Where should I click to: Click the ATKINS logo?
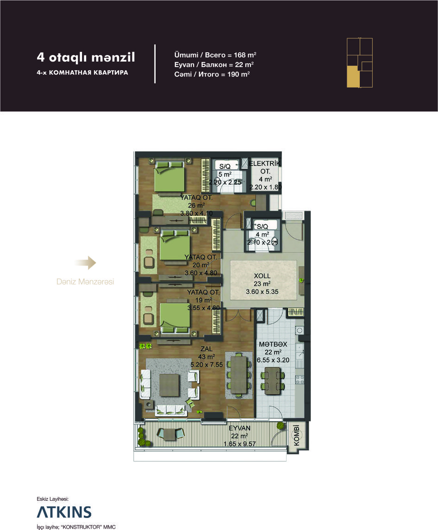point(64,512)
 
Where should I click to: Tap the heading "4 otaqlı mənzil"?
point(86,57)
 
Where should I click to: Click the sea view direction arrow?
point(86,262)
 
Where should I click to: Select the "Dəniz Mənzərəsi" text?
point(85,281)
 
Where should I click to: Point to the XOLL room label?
point(262,276)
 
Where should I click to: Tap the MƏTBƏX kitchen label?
point(273,344)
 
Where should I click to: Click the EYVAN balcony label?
point(239,428)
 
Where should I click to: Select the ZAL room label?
point(206,349)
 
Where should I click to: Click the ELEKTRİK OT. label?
point(265,167)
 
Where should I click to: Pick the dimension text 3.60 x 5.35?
point(262,292)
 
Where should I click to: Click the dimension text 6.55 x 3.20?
point(273,360)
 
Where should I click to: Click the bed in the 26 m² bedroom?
point(170,176)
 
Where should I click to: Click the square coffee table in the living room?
point(169,385)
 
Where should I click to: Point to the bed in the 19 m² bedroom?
point(175,318)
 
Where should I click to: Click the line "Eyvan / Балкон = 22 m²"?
point(214,64)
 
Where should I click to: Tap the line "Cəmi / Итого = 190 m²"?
point(212,75)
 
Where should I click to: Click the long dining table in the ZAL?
point(239,374)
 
